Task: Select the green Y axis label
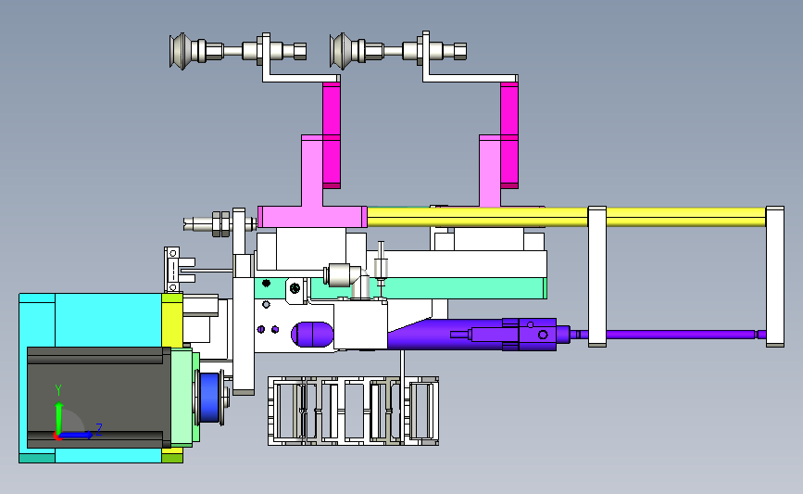(x=58, y=391)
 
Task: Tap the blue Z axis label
(x=99, y=429)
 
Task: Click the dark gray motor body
(x=99, y=398)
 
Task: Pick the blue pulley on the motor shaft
(x=209, y=398)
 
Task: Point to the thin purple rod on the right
(x=681, y=335)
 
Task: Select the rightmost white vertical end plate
(x=775, y=277)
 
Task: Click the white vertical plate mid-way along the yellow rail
(x=597, y=277)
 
